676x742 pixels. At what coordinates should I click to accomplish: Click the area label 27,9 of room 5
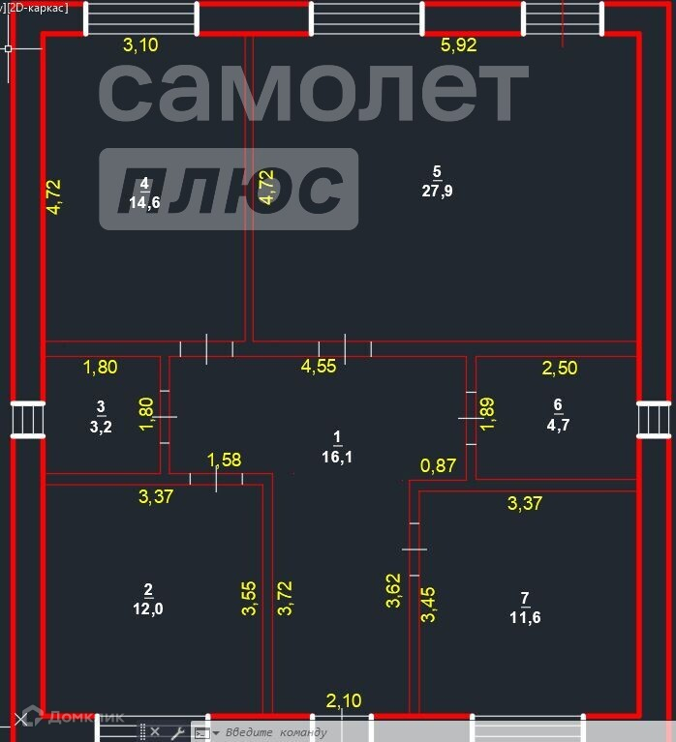pos(437,191)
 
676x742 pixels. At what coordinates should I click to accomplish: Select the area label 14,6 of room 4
pos(144,201)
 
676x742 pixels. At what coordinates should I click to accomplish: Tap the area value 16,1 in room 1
pos(337,457)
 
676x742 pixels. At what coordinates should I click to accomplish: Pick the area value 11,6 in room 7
pos(524,616)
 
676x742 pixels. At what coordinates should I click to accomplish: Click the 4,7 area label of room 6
pos(557,422)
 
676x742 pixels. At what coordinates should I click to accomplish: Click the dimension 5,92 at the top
pos(459,45)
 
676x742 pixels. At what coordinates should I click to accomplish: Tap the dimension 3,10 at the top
pos(140,45)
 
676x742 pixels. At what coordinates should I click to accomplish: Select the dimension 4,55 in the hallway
pos(319,366)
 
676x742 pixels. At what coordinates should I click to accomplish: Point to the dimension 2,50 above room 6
pos(559,367)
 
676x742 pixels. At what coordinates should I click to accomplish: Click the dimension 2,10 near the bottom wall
pos(344,699)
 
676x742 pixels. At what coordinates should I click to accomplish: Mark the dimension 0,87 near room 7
pos(438,466)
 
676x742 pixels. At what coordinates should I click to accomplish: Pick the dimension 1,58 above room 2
pos(225,459)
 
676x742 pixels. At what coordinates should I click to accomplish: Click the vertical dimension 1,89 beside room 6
pos(488,412)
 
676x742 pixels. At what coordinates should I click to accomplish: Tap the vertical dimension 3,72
pos(285,598)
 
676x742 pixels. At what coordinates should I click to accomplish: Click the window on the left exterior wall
pos(26,421)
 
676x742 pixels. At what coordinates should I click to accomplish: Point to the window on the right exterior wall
pos(654,421)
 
